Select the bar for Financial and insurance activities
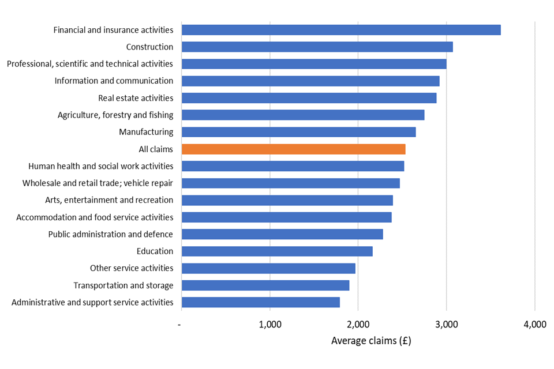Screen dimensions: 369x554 (x=340, y=30)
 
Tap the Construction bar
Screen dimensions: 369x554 (x=317, y=47)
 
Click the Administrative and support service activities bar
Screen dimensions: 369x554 (x=260, y=302)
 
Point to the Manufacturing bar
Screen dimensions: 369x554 (x=298, y=132)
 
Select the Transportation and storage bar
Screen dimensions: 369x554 (x=265, y=285)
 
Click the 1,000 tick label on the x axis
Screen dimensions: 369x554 (x=270, y=325)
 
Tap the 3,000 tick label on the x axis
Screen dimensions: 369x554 (x=446, y=325)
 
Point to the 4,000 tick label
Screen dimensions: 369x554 (x=534, y=325)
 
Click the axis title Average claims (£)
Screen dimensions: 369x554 (x=371, y=341)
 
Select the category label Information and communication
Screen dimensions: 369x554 (x=114, y=81)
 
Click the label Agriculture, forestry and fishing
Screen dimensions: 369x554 (x=115, y=115)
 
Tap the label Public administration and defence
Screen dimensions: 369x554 (x=110, y=234)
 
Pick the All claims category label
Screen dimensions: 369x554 (x=156, y=149)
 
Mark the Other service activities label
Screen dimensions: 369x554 (x=132, y=268)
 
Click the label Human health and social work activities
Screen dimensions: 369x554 (x=100, y=166)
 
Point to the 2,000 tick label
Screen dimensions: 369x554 (x=358, y=325)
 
